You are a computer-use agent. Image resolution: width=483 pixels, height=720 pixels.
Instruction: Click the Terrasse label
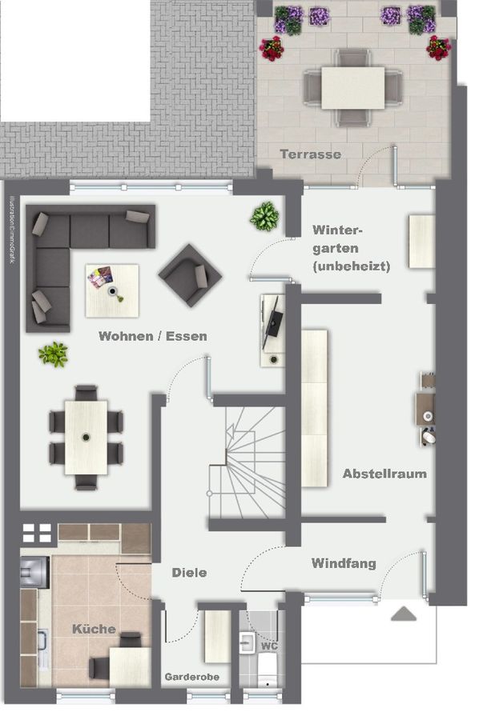coord(310,154)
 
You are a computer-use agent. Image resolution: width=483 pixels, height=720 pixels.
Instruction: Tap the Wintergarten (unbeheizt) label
coord(351,248)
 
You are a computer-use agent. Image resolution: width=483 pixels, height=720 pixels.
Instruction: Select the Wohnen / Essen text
coord(152,337)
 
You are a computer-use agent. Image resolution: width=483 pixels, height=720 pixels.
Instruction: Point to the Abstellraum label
coord(384,474)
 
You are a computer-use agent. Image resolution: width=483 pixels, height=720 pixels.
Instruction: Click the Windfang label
coord(344,563)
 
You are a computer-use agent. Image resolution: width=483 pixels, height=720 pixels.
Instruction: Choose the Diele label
coord(189,572)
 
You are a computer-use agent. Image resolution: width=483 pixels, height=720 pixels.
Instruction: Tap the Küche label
coord(94,629)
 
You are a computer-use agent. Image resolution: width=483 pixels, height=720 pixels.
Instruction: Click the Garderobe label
coord(192,677)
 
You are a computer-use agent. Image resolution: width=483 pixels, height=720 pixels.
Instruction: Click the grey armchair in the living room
coord(190,274)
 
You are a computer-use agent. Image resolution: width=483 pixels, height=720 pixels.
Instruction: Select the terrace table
coord(353,86)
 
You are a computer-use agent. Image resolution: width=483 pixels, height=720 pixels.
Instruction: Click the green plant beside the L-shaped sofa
coord(54,354)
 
